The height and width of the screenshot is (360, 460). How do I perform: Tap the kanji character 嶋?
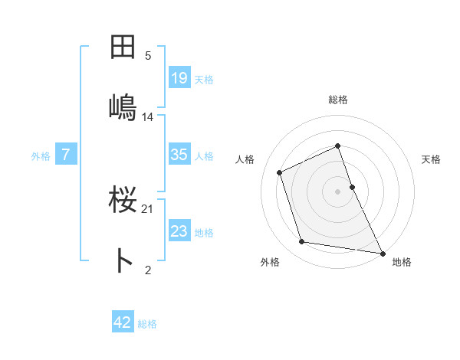(123, 106)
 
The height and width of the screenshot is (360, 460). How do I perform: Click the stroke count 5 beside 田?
(148, 55)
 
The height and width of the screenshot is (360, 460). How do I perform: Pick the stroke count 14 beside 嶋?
(148, 117)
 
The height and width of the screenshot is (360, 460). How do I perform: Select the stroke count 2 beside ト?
(148, 270)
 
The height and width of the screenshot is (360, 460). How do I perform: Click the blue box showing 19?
(179, 77)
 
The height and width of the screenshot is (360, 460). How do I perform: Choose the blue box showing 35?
(179, 155)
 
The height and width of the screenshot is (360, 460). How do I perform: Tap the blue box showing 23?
(179, 231)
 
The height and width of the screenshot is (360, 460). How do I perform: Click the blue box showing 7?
(66, 155)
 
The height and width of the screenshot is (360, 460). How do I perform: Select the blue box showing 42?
(123, 322)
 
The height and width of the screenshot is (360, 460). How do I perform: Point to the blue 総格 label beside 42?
(147, 324)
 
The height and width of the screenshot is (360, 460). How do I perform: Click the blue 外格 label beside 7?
(41, 156)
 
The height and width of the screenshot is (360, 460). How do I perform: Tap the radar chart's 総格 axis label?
(338, 100)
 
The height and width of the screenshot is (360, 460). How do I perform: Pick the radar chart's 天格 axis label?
(431, 159)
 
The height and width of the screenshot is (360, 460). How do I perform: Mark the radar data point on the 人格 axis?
(280, 172)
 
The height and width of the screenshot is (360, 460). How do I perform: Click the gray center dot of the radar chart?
(338, 191)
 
